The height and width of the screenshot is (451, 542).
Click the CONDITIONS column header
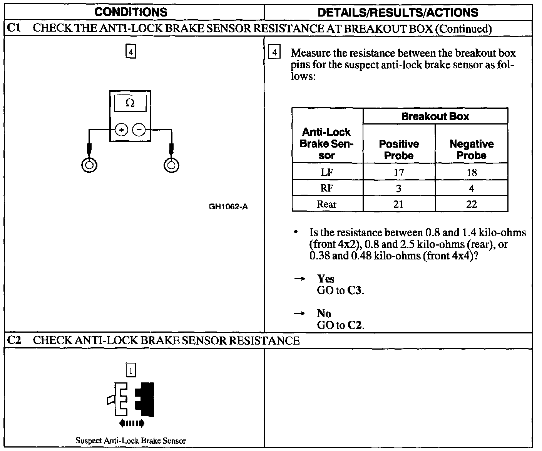tap(131, 12)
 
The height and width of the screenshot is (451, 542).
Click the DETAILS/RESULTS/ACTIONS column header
tap(398, 12)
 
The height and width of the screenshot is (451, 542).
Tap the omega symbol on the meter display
tap(130, 103)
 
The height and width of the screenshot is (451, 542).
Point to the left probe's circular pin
tap(89, 165)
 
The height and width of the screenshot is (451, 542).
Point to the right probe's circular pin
tap(171, 165)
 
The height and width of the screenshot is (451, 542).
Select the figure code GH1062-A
tap(228, 207)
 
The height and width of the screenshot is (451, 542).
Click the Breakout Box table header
tap(435, 116)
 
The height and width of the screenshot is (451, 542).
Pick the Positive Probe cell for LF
tap(399, 172)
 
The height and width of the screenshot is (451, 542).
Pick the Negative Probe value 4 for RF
tap(472, 188)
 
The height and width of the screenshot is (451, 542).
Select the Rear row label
tap(327, 204)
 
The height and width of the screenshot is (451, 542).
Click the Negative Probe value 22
tap(472, 204)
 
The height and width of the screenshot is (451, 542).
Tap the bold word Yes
tap(326, 279)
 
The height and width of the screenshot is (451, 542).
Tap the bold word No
tap(324, 313)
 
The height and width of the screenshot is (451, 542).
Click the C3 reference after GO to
tap(355, 291)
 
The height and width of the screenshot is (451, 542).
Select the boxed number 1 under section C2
tap(131, 371)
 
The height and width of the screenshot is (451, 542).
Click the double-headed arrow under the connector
tap(132, 423)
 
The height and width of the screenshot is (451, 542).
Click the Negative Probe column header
tap(472, 150)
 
